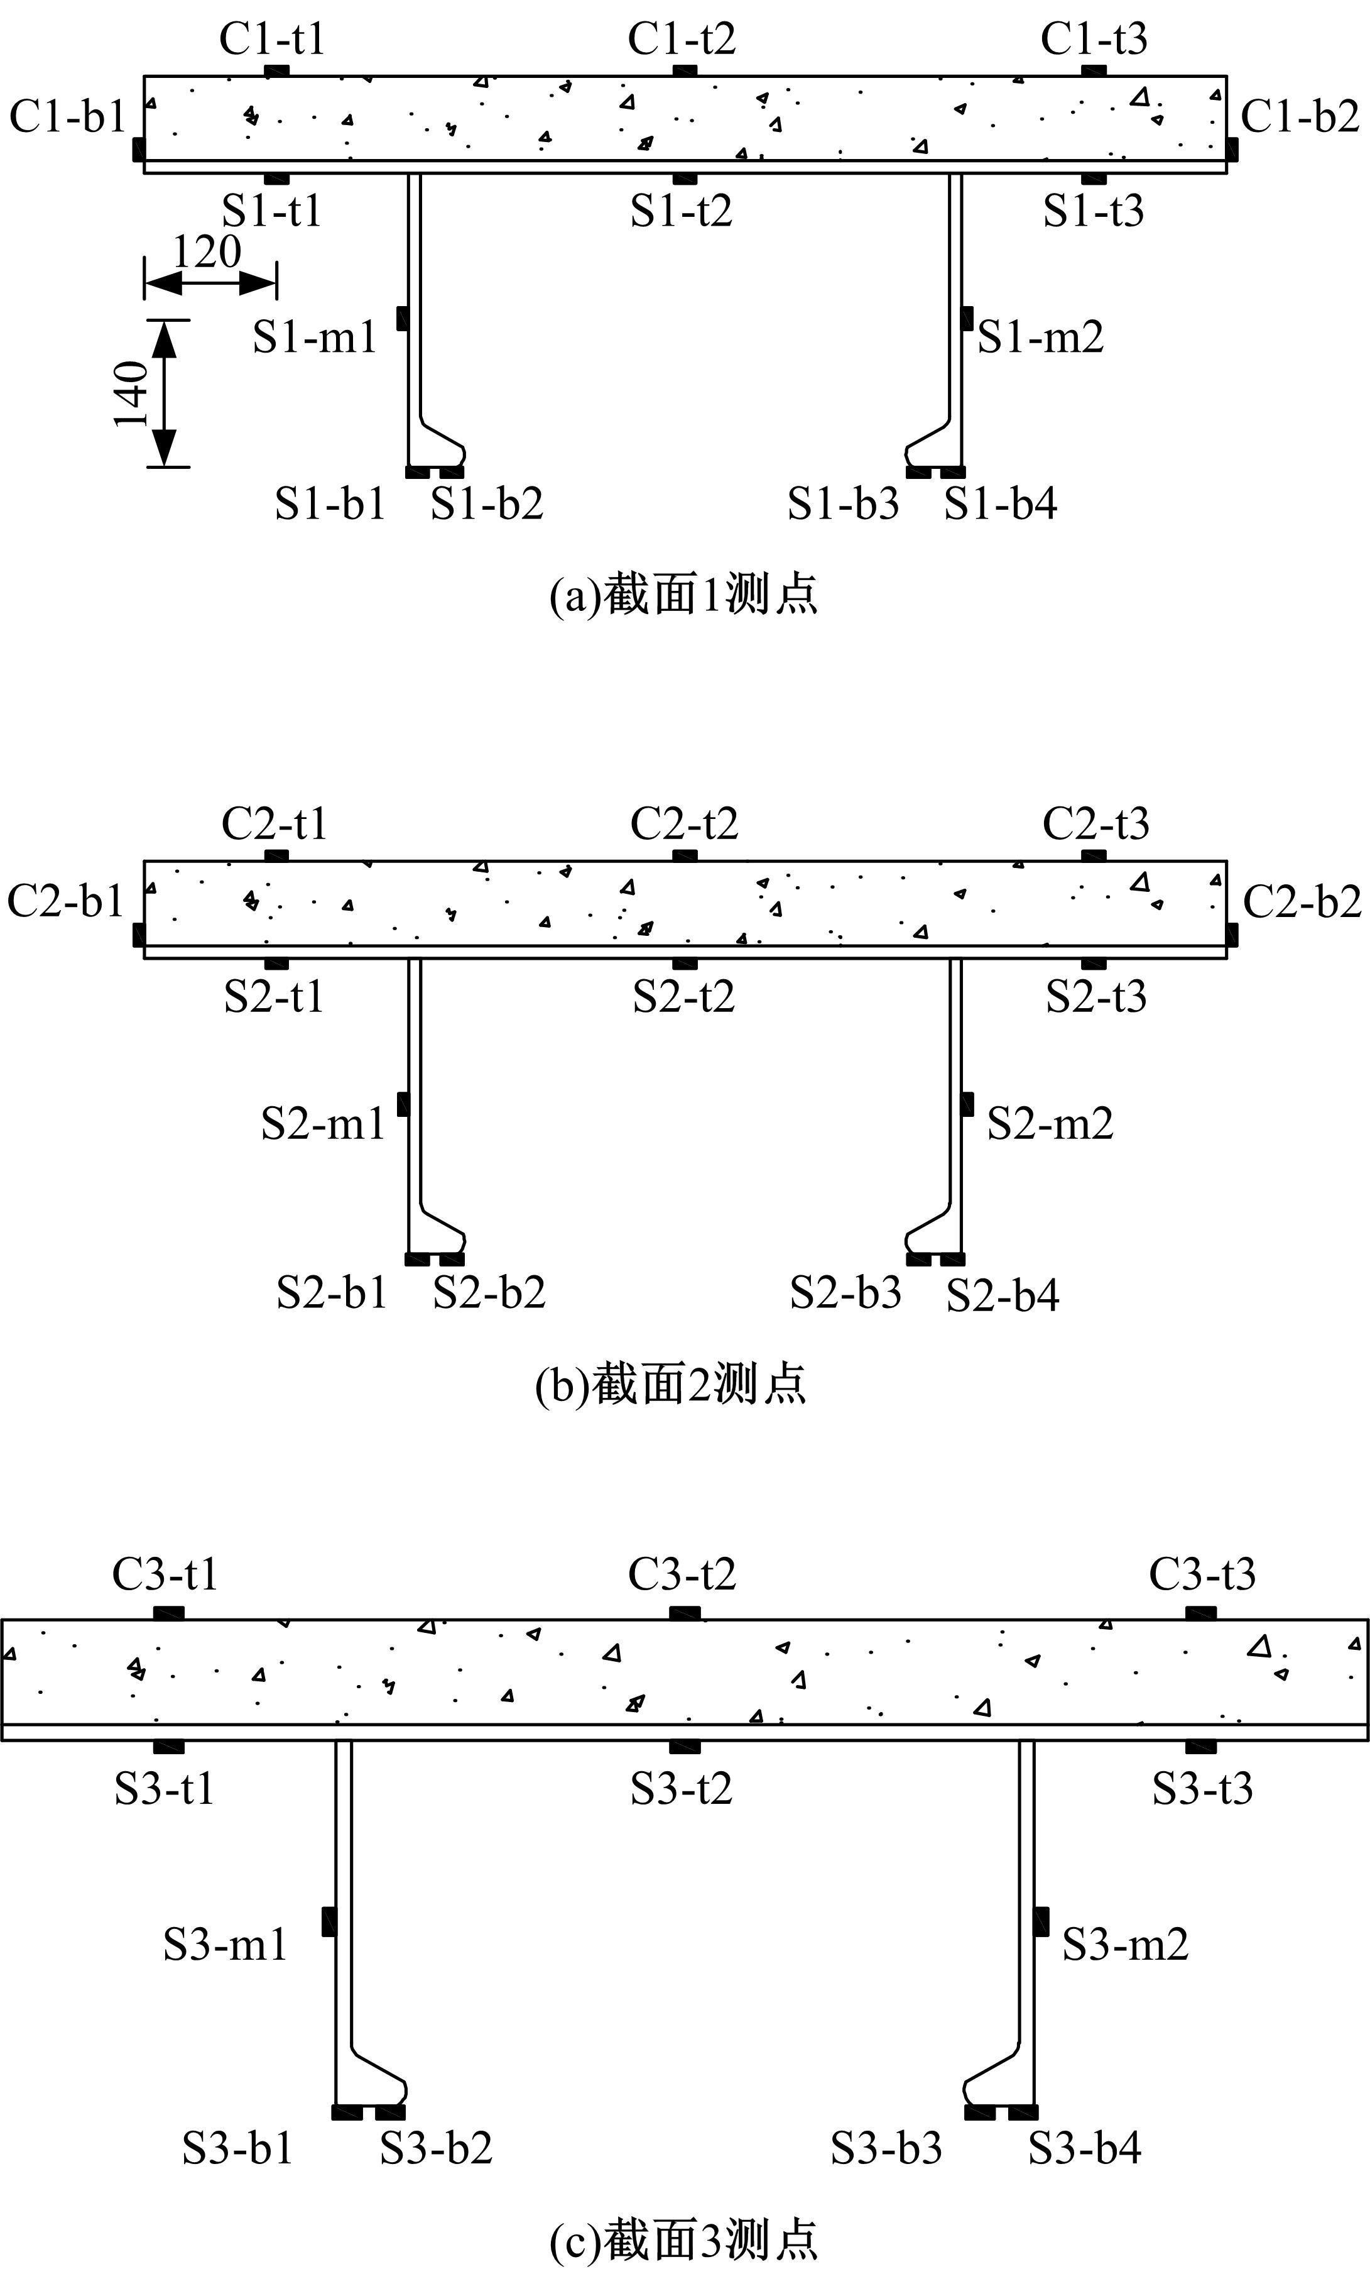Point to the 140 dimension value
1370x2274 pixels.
(x=132, y=394)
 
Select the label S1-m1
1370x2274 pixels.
(x=315, y=338)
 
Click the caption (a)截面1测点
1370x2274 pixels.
(x=683, y=595)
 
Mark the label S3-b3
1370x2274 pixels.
(x=886, y=2148)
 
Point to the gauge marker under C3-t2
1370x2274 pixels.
(x=683, y=1614)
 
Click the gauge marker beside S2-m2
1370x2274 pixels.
(x=967, y=1104)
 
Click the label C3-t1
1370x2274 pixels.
(x=166, y=1574)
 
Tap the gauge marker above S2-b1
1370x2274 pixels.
(x=418, y=1260)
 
